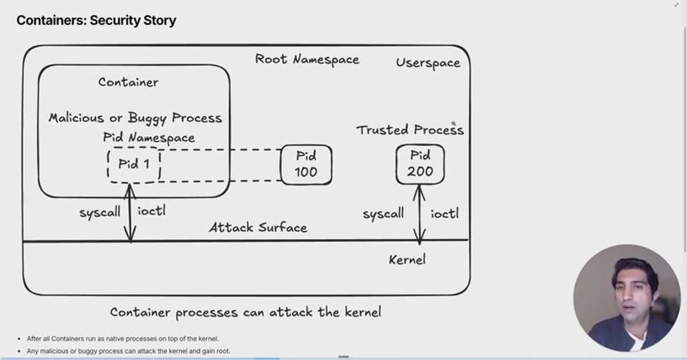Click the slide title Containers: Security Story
coord(96,20)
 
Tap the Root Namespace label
coord(307,59)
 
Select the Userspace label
coord(428,63)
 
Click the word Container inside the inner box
coord(128,82)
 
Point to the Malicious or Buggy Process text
coord(135,118)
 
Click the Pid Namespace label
coord(149,137)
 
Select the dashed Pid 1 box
coord(134,165)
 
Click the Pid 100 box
coord(306,165)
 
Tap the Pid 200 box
coord(420,164)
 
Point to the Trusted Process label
coord(410,130)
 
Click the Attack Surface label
coord(258,228)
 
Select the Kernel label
coord(407,260)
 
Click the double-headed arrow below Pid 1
coord(130,213)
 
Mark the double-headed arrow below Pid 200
coord(419,214)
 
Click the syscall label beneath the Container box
coord(100,213)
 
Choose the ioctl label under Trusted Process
coord(444,213)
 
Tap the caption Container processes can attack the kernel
coord(245,312)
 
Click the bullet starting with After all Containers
coord(122,339)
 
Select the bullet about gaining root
coord(128,351)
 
